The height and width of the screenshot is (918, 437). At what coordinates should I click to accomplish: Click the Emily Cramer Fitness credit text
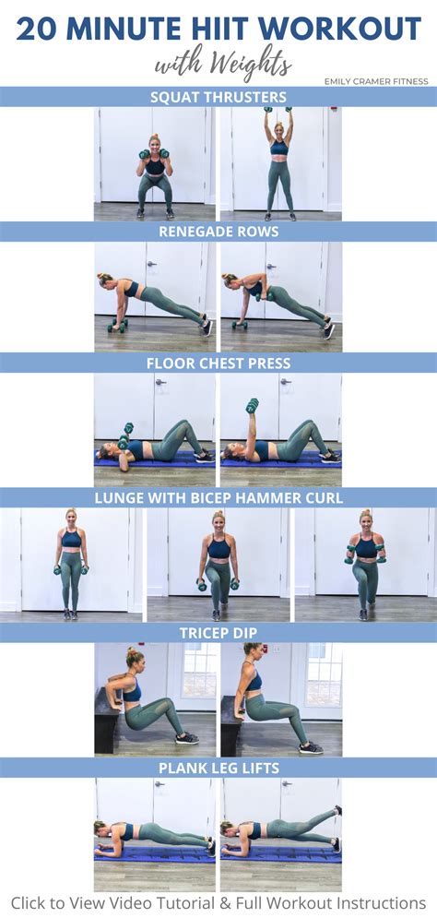pos(376,81)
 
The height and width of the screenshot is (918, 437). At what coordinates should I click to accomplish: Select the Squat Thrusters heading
pos(218,97)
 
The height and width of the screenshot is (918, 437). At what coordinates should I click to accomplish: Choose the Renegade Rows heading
pos(218,232)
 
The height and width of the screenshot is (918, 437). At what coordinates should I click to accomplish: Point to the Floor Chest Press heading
pos(218,363)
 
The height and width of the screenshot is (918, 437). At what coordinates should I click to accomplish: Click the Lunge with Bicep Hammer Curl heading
pos(218,498)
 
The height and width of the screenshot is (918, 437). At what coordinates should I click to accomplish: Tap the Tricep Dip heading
pos(218,633)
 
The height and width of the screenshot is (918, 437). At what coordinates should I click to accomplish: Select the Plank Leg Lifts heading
pos(218,768)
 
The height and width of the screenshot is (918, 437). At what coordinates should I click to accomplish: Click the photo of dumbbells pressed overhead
pos(281,163)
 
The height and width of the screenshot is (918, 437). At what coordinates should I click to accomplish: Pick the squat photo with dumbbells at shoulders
pos(155,163)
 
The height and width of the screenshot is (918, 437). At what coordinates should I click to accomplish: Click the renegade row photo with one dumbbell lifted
pos(281,297)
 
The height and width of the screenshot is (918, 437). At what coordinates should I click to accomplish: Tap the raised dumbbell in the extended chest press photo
pos(252,405)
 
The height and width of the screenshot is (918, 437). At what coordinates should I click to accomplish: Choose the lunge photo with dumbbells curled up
pos(366,565)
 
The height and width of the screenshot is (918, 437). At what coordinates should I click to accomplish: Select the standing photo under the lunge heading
pos(71,565)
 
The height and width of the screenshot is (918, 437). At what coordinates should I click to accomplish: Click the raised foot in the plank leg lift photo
pos(338,810)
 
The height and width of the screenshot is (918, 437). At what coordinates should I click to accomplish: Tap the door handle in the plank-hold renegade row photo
pos(151,265)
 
